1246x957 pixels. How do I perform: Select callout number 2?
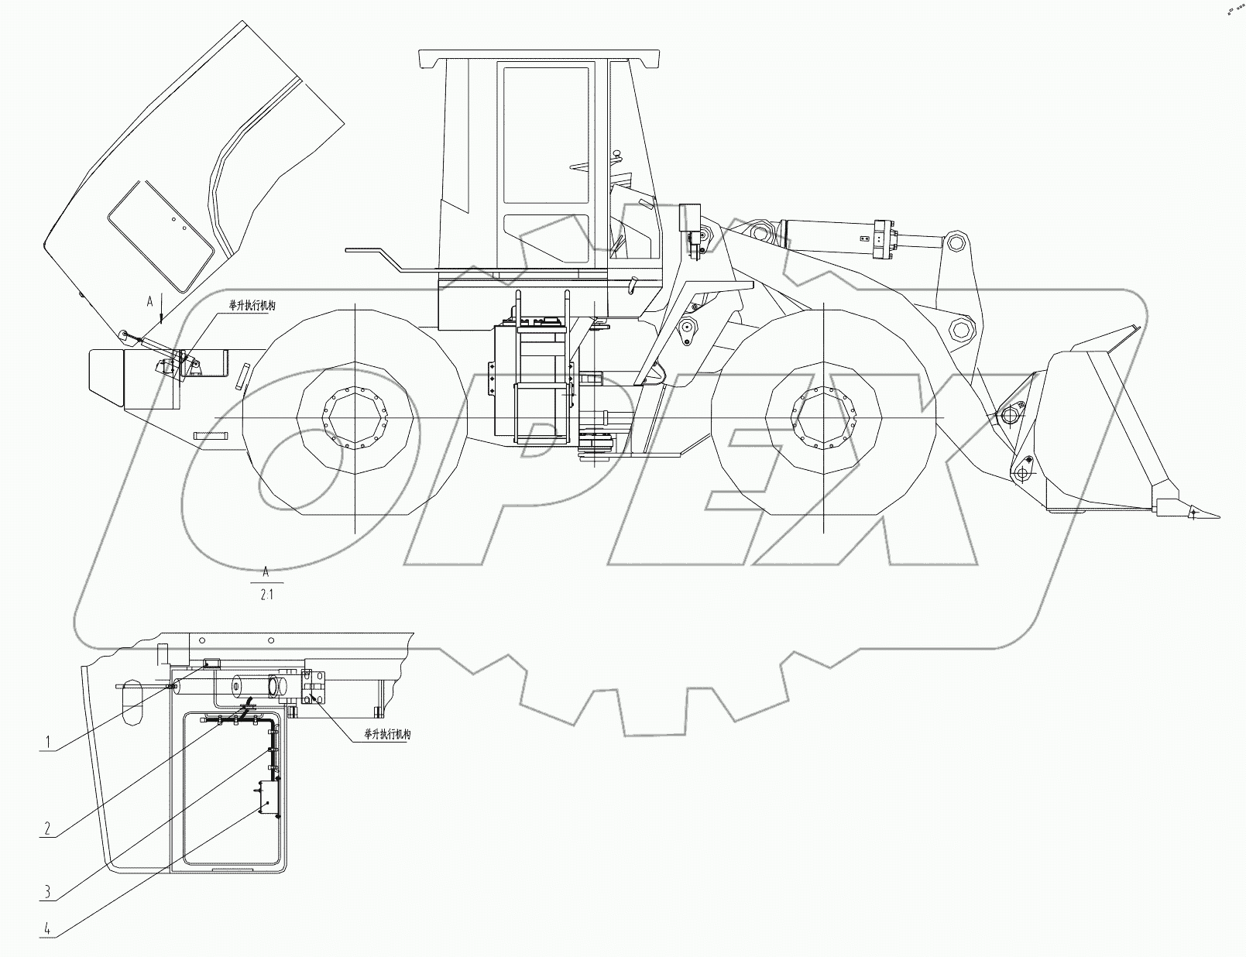click(47, 828)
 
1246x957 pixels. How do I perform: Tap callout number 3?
click(47, 892)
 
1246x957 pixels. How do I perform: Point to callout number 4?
click(47, 928)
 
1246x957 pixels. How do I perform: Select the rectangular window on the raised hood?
click(160, 235)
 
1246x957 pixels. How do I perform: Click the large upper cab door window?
click(545, 135)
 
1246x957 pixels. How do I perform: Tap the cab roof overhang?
click(539, 58)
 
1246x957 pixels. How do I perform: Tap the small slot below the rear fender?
click(211, 436)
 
